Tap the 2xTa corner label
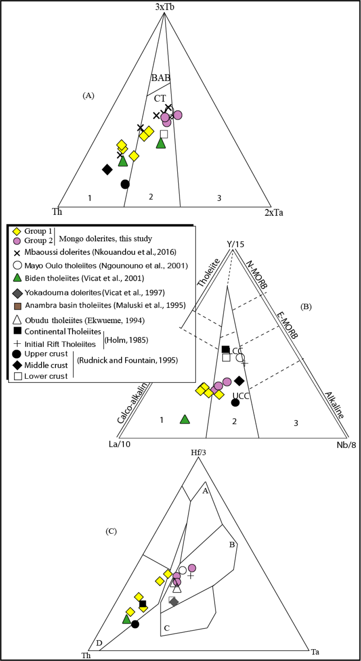point(274,212)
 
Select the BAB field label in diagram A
point(161,78)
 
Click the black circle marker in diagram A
point(125,184)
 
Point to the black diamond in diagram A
point(107,169)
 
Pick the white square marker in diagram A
point(164,134)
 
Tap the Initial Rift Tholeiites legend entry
point(55,344)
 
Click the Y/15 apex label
point(235,244)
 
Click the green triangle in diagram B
point(185,419)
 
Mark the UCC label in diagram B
point(241,396)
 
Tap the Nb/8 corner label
point(346,445)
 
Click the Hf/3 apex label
point(198,452)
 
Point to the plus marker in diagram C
point(190,576)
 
